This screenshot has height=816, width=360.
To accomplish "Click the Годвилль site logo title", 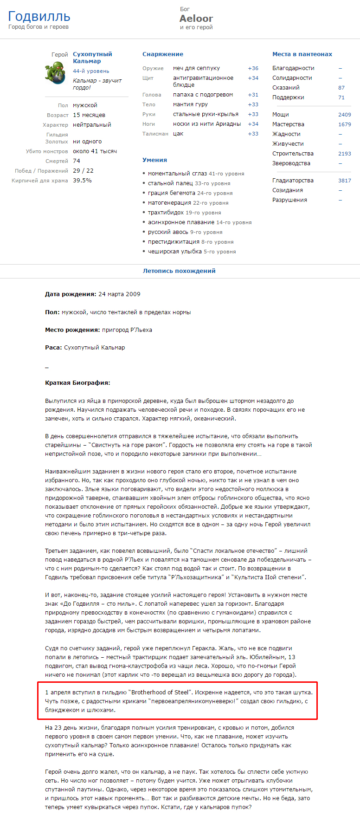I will (x=39, y=17).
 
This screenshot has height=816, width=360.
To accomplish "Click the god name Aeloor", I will (x=196, y=19).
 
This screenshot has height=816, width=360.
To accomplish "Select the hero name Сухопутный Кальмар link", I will (x=92, y=58).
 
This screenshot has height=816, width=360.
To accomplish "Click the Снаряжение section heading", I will (x=162, y=54).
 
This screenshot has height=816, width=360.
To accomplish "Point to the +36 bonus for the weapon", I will (x=253, y=68).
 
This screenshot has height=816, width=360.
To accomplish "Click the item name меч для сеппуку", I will (x=196, y=68).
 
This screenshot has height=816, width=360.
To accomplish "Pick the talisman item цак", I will (x=178, y=134).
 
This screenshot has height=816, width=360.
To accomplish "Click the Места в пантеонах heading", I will (x=302, y=54).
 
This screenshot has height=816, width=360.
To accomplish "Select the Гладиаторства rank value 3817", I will (x=344, y=181).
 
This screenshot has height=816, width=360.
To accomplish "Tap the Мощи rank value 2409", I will (x=344, y=115).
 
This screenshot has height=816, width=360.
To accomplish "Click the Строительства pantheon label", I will (x=293, y=154).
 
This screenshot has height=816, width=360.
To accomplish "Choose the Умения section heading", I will (x=154, y=160).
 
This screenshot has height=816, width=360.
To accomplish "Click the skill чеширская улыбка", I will (x=175, y=252).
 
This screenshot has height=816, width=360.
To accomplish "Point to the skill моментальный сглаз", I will (x=177, y=174).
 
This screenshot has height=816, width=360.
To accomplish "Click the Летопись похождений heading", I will (x=179, y=271).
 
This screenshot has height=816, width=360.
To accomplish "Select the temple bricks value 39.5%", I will (x=82, y=181).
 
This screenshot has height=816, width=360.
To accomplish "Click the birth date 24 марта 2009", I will (x=119, y=294).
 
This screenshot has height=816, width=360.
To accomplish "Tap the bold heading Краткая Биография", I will (x=77, y=383).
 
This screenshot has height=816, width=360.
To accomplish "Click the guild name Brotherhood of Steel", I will (x=159, y=693).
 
